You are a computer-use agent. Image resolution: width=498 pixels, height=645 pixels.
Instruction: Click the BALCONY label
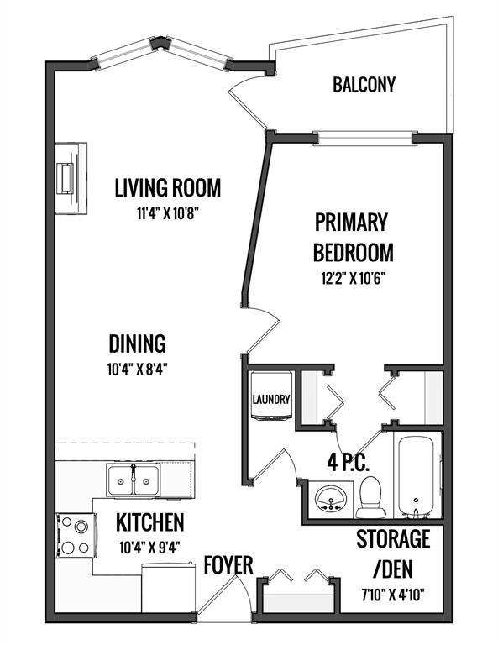364,84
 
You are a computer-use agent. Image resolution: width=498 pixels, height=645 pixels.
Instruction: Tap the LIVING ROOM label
168,187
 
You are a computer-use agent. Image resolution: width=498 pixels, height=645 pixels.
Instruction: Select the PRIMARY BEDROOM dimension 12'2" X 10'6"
353,279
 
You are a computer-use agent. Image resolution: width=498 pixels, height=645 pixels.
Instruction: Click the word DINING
138,343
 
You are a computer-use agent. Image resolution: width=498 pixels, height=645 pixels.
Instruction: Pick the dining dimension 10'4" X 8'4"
138,370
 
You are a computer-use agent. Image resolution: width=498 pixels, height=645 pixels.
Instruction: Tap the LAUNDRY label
271,399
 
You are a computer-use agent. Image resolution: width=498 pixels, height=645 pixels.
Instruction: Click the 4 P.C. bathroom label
348,463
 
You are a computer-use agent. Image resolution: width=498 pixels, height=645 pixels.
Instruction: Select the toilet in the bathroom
371,497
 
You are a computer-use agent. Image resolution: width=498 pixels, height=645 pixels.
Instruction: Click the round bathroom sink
330,499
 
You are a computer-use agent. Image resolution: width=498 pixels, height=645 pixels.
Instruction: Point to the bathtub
417,476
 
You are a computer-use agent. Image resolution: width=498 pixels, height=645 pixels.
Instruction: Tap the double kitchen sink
134,480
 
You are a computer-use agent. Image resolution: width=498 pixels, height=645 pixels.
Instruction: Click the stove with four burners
76,536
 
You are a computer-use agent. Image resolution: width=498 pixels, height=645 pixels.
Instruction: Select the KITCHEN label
149,522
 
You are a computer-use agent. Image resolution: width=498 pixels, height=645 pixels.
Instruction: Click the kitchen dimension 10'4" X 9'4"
149,548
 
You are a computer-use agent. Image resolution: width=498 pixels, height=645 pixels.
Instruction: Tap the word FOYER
228,565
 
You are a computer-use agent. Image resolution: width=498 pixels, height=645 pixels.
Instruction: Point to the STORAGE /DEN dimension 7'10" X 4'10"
393,595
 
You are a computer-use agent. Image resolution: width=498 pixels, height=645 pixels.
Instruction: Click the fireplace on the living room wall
71,178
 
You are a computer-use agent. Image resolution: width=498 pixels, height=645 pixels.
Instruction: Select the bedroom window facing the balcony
365,138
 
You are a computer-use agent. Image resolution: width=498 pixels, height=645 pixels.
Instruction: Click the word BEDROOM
354,252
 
